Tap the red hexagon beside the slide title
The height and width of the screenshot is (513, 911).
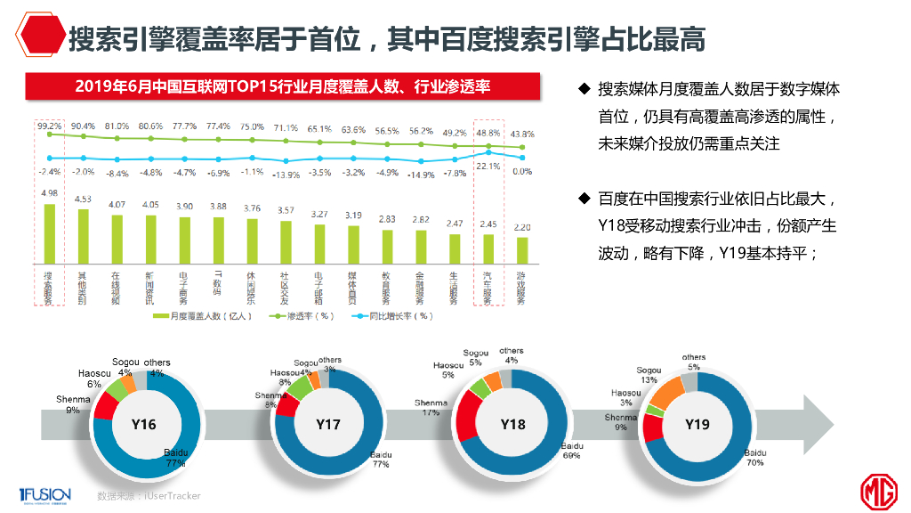[x=38, y=38]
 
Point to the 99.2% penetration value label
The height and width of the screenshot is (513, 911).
[x=50, y=126]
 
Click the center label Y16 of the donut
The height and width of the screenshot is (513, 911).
[x=143, y=425]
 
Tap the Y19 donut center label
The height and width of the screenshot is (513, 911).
[x=697, y=425]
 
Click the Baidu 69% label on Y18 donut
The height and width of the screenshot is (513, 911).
[x=570, y=451]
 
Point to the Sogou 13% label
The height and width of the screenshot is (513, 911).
[x=649, y=374]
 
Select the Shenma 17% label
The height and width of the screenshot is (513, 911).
[x=431, y=408]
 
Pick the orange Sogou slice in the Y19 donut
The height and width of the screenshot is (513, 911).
[x=669, y=392]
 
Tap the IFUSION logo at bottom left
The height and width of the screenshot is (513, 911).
[x=40, y=494]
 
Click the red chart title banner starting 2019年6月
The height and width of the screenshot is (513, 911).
[x=283, y=86]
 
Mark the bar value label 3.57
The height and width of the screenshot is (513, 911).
[x=286, y=210]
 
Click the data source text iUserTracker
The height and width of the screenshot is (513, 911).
[x=149, y=495]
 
